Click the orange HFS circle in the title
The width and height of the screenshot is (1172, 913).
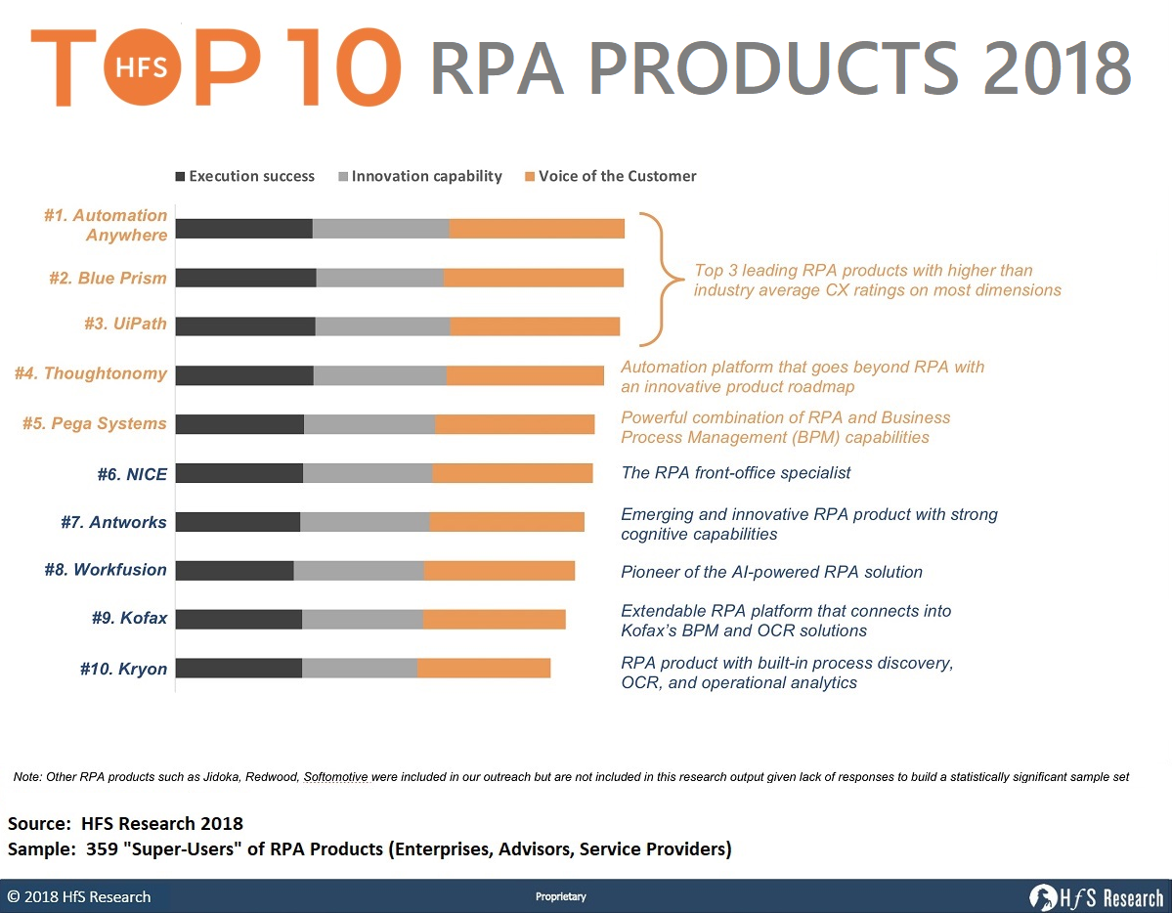[x=142, y=67]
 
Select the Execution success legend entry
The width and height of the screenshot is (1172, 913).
[x=245, y=177]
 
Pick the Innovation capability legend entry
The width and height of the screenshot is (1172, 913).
[x=420, y=177]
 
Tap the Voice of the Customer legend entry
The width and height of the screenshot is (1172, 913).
[x=611, y=177]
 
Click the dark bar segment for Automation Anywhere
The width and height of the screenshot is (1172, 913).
[x=244, y=229]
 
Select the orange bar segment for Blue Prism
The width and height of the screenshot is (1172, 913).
[x=534, y=278]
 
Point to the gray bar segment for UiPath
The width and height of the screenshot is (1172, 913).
[x=383, y=326]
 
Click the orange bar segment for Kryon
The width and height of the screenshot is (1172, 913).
[x=484, y=668]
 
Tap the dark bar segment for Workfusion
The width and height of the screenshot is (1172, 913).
[x=235, y=571]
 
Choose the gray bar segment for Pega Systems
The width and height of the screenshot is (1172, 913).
[x=369, y=424]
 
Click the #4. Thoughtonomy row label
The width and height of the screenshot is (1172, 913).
[x=91, y=373]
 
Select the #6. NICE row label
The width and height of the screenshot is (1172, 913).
[x=132, y=474]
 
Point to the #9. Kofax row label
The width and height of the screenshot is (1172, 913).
[x=129, y=618]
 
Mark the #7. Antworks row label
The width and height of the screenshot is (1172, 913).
[x=113, y=522]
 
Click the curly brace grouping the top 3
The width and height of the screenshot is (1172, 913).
[x=662, y=279]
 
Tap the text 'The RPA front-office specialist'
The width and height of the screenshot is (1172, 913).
[x=735, y=472]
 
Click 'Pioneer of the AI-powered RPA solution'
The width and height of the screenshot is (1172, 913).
[x=771, y=572]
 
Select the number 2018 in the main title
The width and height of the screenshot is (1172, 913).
[x=1057, y=67]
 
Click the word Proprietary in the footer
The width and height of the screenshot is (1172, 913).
[x=561, y=896]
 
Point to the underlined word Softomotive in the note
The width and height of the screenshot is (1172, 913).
[x=335, y=777]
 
